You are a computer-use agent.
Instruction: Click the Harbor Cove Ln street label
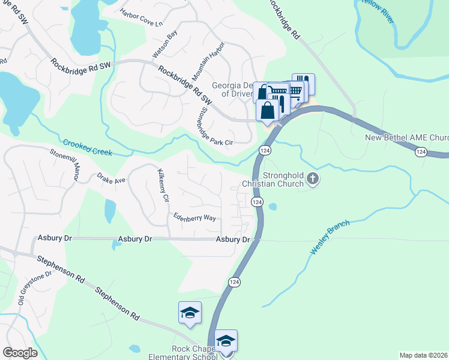141,18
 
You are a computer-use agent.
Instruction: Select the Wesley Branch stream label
329,235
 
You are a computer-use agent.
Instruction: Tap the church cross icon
312,178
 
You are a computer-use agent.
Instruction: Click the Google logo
20,353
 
